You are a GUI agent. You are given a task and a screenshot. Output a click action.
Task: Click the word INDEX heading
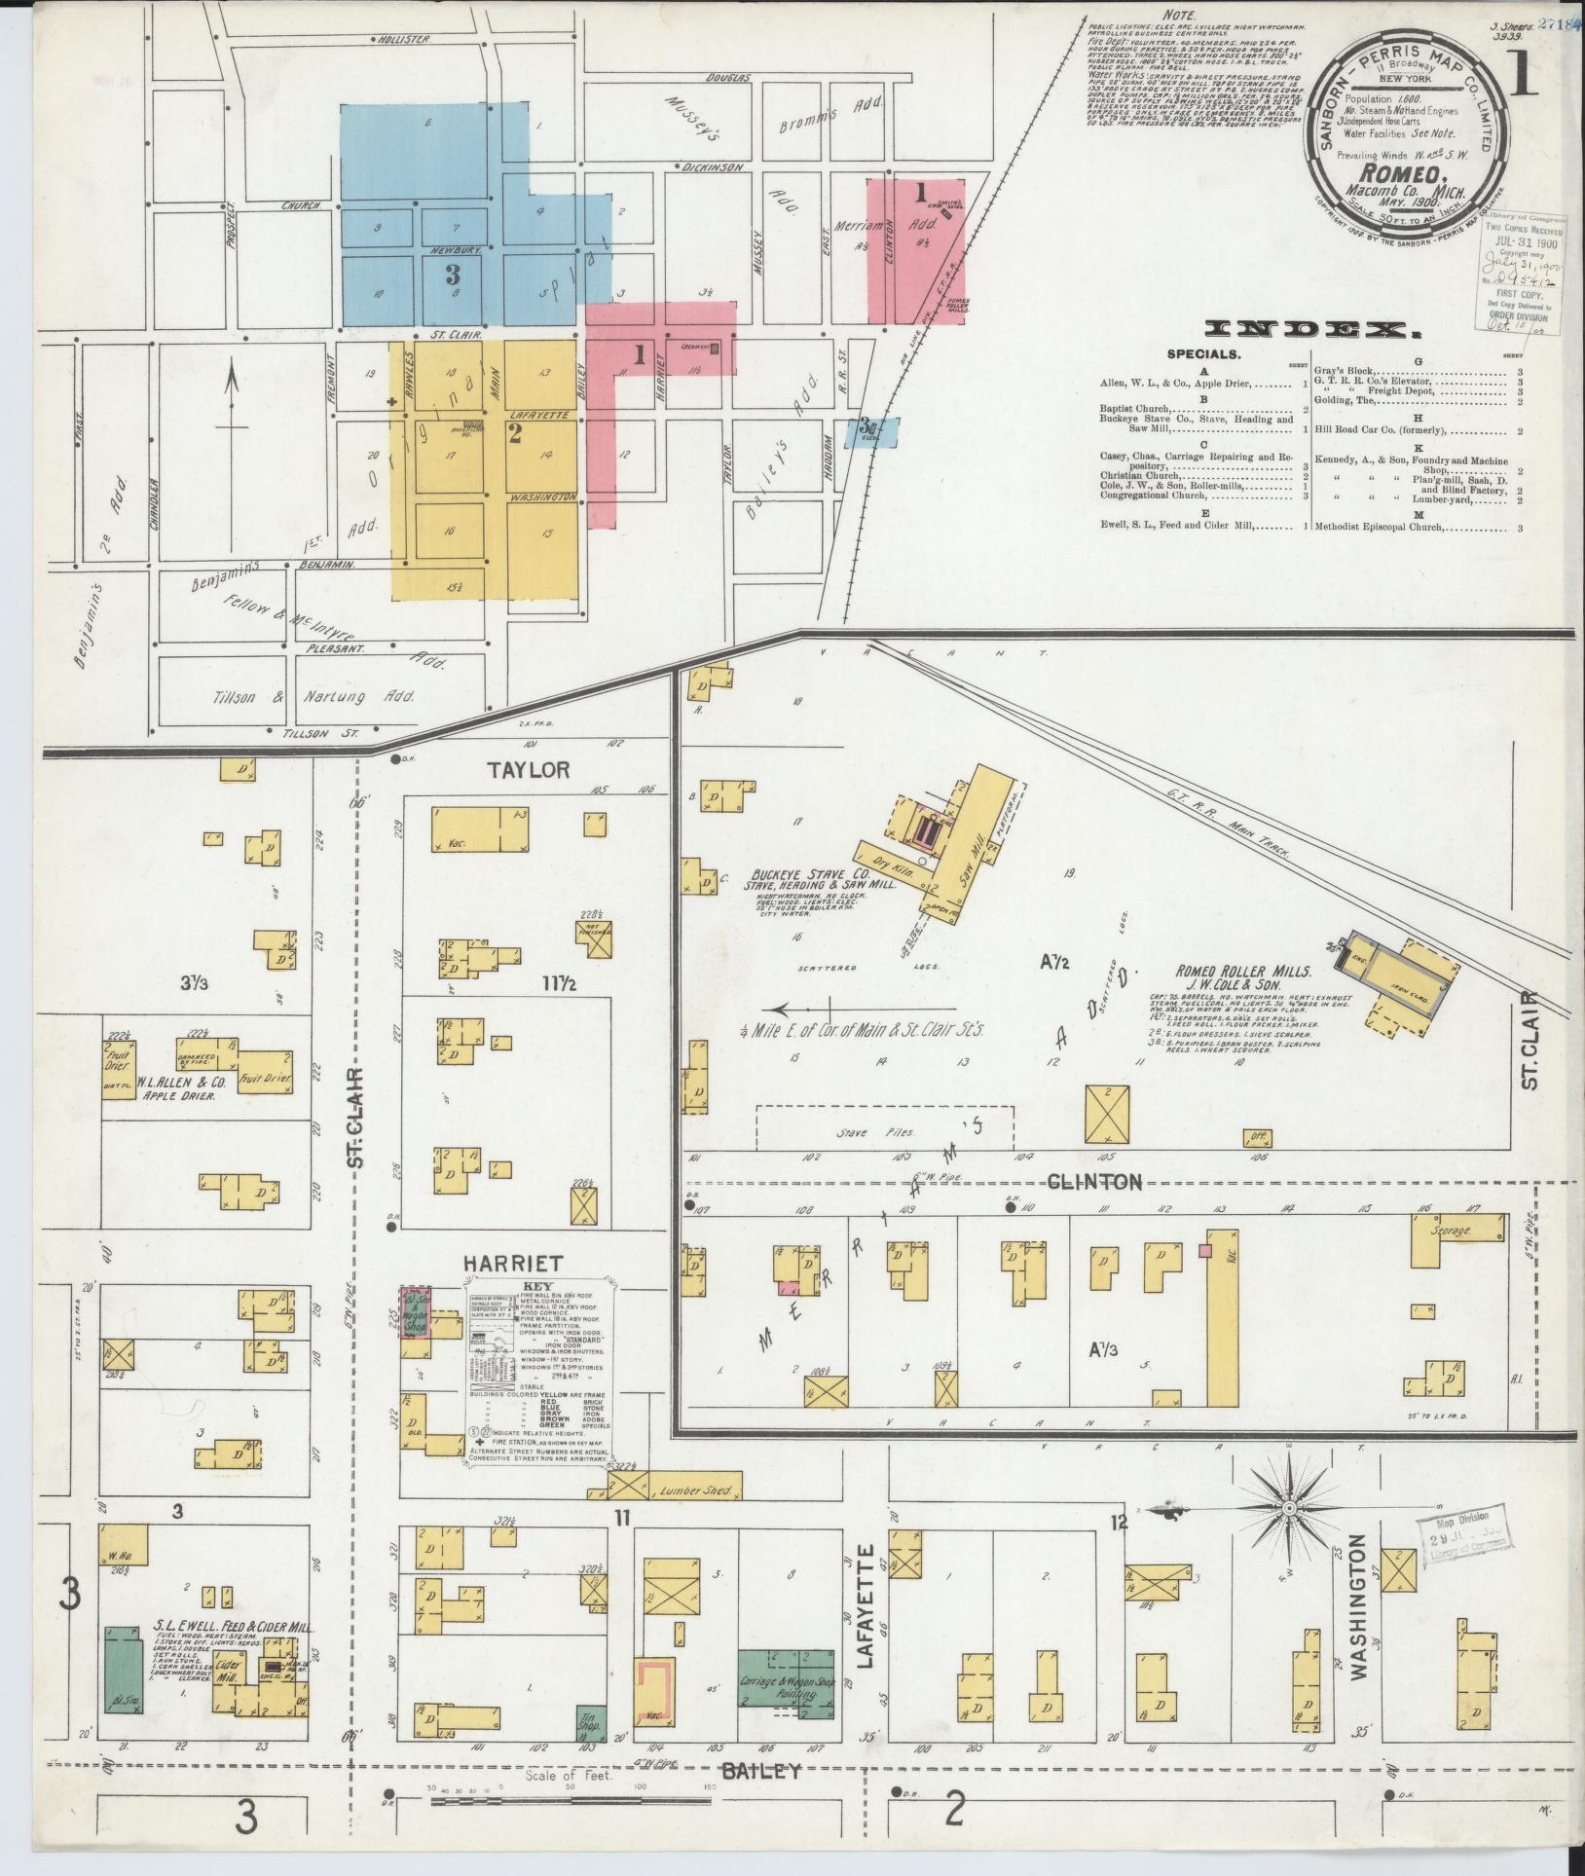tap(1309, 331)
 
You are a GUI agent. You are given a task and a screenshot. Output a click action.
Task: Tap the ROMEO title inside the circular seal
tap(1401, 174)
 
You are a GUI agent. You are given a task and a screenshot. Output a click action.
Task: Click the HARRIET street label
tap(512, 1263)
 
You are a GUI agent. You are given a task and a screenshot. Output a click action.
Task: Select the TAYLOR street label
tap(529, 769)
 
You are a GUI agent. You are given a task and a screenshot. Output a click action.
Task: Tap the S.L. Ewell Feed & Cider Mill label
tap(235, 1626)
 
